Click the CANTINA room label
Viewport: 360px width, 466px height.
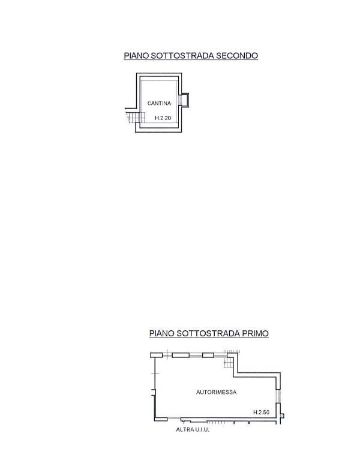pyautogui.click(x=159, y=103)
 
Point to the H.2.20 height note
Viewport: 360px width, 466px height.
pyautogui.click(x=163, y=118)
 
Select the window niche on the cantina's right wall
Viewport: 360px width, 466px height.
pyautogui.click(x=184, y=100)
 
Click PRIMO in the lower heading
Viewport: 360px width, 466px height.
pyautogui.click(x=255, y=333)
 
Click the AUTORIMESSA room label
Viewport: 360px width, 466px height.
pyautogui.click(x=216, y=392)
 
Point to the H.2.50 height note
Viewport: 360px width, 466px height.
pyautogui.click(x=261, y=412)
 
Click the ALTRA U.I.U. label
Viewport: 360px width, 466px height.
pyautogui.click(x=193, y=429)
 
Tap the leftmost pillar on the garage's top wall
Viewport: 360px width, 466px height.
pyautogui.click(x=156, y=355)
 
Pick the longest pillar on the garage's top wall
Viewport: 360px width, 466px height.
pyautogui.click(x=181, y=355)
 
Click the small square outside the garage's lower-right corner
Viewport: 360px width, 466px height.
pyautogui.click(x=282, y=416)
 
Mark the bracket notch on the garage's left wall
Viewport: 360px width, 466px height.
pyautogui.click(x=152, y=392)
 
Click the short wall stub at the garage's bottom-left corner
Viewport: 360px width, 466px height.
pyautogui.click(x=161, y=419)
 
